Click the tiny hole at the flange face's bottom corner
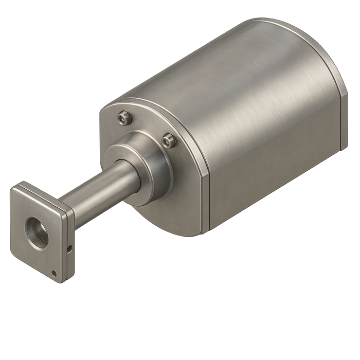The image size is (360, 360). pos(53,272)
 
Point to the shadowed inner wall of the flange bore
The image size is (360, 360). pos(33,226)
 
